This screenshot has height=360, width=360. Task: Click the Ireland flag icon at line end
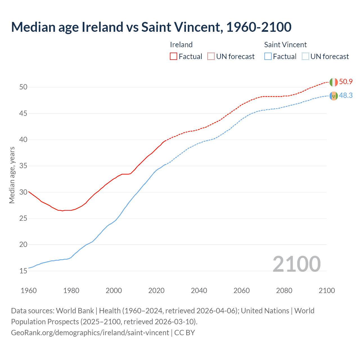pyautogui.click(x=334, y=82)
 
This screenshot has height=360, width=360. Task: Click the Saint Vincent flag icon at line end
pyautogui.click(x=334, y=96)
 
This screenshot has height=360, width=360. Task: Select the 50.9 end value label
pyautogui.click(x=346, y=82)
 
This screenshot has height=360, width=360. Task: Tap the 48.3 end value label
pyautogui.click(x=346, y=96)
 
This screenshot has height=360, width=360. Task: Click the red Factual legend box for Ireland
pyautogui.click(x=174, y=57)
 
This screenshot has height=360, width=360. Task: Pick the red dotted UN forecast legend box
pyautogui.click(x=211, y=57)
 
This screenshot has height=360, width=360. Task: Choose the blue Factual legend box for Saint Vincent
pyautogui.click(x=268, y=57)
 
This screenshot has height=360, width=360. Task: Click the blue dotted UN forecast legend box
pyautogui.click(x=305, y=57)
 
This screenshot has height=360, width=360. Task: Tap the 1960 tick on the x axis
pyautogui.click(x=29, y=291)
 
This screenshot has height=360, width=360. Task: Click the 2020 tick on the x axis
pyautogui.click(x=156, y=291)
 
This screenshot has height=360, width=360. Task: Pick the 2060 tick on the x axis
pyautogui.click(x=242, y=291)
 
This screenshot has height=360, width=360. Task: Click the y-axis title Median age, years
pyautogui.click(x=12, y=175)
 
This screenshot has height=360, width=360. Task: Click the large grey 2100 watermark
pyautogui.click(x=296, y=264)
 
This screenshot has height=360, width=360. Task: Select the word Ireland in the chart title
pyautogui.click(x=102, y=27)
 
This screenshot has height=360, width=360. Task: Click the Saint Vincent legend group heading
pyautogui.click(x=285, y=45)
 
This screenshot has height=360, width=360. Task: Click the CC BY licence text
pyautogui.click(x=184, y=333)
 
